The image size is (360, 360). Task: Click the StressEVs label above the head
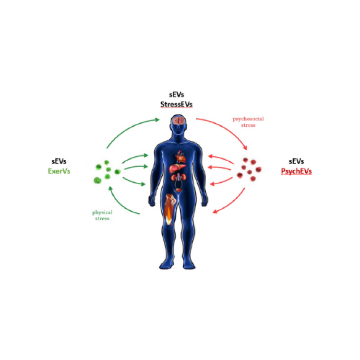coord(176,104)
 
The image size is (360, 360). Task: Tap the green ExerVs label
coord(59,171)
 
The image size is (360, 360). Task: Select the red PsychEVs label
coord(297,171)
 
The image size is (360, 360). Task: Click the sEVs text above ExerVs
coord(59,161)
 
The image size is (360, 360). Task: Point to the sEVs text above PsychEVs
coord(297,161)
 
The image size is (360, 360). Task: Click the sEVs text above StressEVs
coord(177,95)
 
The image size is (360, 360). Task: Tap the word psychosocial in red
coord(248,119)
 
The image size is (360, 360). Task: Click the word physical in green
coord(102,213)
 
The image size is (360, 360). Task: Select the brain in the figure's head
coord(179,120)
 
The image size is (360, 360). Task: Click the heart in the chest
coord(180,156)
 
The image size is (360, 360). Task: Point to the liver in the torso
coord(177,168)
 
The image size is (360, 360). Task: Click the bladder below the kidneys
coord(179,190)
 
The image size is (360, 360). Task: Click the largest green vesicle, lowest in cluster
coord(97,180)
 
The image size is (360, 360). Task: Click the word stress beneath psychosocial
coord(248,125)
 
